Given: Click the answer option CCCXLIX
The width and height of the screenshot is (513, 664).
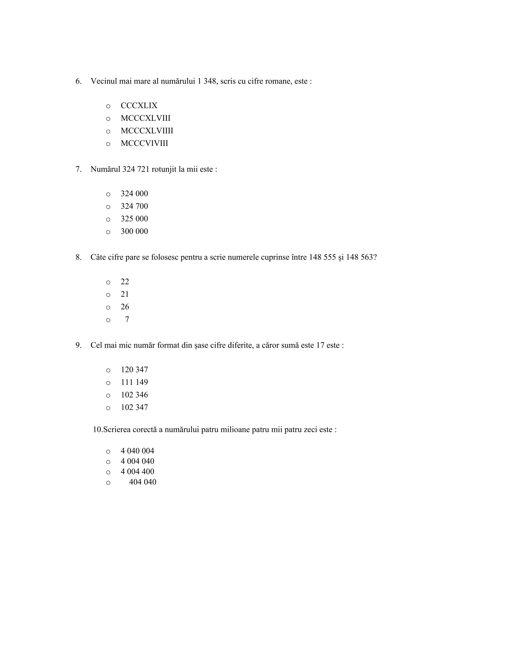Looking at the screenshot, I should point(139,106).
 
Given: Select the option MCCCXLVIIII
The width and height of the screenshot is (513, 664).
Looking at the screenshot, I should point(147,131).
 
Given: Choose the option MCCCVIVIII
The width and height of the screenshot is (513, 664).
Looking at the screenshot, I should point(144,143).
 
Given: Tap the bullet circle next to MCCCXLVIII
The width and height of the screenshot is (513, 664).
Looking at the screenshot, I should point(108,119).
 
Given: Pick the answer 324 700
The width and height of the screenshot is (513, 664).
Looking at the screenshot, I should point(134,206).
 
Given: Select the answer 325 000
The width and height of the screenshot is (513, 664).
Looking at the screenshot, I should point(134,219).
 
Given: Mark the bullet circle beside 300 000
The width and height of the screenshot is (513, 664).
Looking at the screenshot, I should point(108,232).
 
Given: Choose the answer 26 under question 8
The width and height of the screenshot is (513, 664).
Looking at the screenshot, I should point(125,307).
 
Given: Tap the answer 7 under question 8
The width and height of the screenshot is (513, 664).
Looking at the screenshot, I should point(127,319).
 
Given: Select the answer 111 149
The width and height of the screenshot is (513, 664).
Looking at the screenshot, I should point(134,382).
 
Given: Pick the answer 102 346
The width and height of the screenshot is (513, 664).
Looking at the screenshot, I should point(134,395).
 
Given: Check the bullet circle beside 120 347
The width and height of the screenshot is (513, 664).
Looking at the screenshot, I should point(108,370).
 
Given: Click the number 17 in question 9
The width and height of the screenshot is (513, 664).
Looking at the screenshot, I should point(320,345).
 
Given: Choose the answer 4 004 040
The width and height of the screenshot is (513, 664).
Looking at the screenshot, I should point(137,461).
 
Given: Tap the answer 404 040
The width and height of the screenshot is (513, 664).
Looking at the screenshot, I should point(142,482).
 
